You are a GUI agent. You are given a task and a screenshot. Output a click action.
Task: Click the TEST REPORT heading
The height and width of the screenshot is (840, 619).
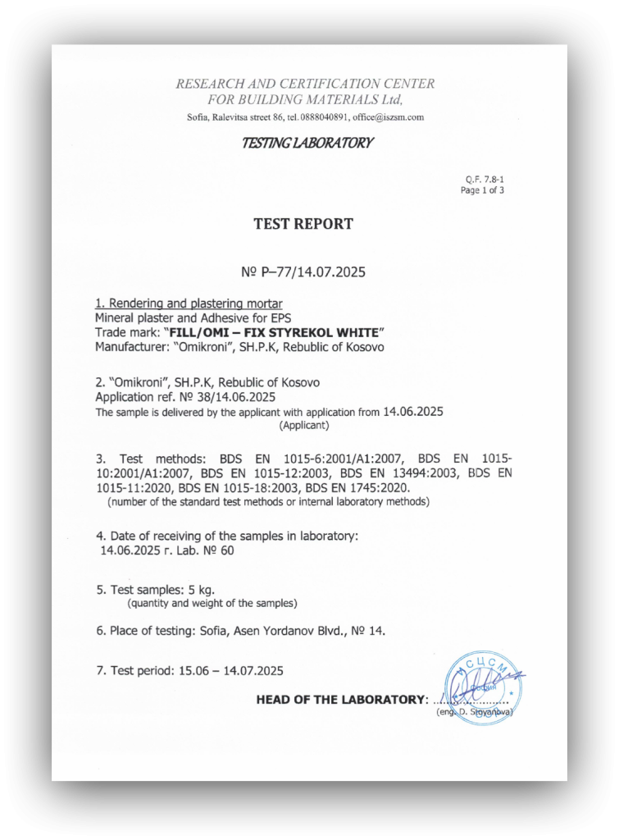point(303,223)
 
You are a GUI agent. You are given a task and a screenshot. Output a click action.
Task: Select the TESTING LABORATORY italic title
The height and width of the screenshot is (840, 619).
point(307,143)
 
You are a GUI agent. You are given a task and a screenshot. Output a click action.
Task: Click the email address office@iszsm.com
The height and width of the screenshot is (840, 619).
point(388,117)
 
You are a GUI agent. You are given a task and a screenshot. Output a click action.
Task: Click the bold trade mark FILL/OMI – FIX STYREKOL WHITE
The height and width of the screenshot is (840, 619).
point(274,332)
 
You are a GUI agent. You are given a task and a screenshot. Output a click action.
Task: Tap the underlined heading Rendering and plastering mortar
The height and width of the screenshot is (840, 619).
point(189,304)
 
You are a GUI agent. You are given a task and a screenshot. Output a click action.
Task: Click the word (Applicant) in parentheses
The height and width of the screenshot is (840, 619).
point(304,426)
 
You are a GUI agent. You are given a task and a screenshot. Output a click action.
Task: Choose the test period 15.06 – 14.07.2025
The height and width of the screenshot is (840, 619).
point(231,670)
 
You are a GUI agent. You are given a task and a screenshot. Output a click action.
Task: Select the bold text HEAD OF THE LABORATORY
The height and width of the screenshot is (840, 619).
point(341,700)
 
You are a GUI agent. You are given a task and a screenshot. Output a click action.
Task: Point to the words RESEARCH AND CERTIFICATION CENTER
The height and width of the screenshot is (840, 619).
point(305,84)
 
